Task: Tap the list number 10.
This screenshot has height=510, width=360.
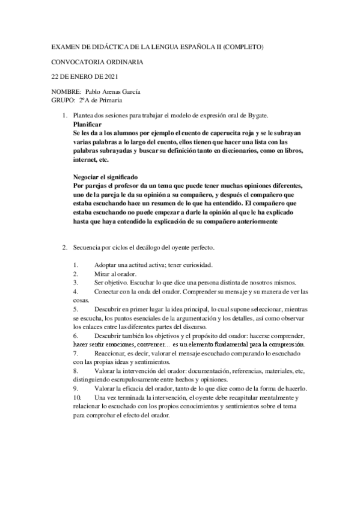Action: [x=76, y=398]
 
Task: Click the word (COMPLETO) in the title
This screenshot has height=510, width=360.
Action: [x=240, y=46]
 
